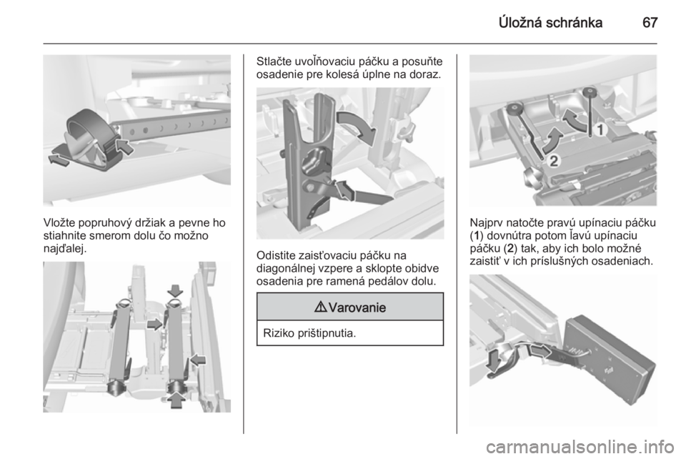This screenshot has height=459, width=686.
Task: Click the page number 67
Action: (650, 22)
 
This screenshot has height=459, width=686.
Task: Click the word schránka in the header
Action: (574, 22)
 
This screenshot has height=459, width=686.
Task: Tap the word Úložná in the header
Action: (520, 22)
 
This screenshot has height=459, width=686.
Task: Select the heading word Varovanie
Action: (357, 307)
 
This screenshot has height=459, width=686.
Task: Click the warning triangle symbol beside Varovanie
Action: (320, 307)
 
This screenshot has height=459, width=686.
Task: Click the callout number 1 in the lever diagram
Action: (600, 130)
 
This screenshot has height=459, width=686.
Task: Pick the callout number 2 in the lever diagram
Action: (553, 161)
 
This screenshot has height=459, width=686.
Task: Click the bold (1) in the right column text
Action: (477, 236)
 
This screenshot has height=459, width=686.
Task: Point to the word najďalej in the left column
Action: (64, 249)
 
